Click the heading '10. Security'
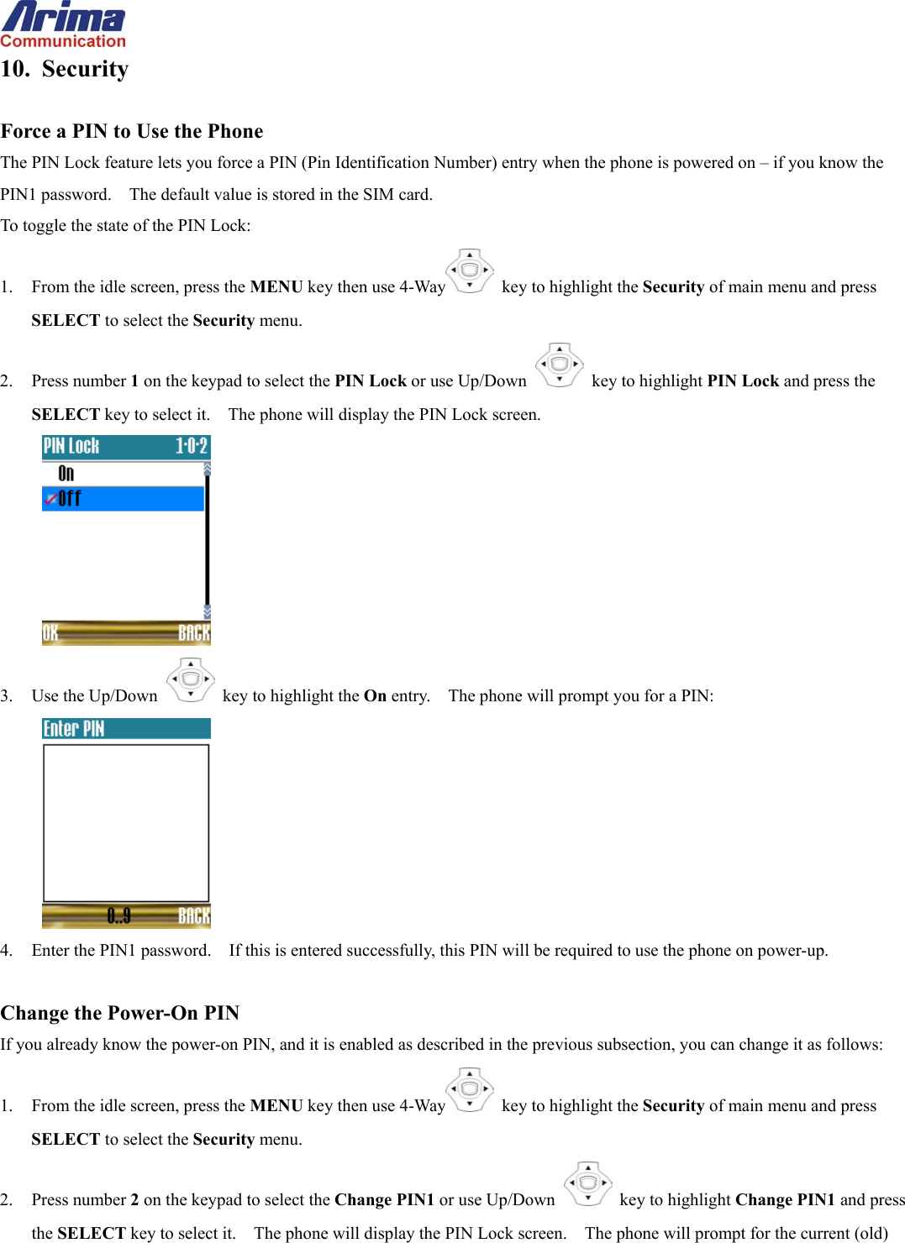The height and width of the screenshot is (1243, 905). pyautogui.click(x=65, y=69)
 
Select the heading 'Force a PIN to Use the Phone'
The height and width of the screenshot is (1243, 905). pyautogui.click(x=132, y=131)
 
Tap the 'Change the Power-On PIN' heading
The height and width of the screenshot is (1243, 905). pyautogui.click(x=120, y=1013)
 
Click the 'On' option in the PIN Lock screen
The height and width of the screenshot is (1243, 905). pyautogui.click(x=66, y=474)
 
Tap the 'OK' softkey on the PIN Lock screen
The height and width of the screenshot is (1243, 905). pyautogui.click(x=50, y=633)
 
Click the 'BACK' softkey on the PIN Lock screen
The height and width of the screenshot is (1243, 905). pyautogui.click(x=194, y=633)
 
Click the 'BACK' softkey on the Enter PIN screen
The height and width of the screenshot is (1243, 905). pyautogui.click(x=194, y=916)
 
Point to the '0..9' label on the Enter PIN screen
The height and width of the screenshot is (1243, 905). pyautogui.click(x=119, y=916)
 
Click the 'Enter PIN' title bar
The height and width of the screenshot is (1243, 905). pyautogui.click(x=126, y=729)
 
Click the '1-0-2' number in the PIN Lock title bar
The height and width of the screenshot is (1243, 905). pyautogui.click(x=191, y=446)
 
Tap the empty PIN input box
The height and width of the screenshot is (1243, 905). pyautogui.click(x=126, y=823)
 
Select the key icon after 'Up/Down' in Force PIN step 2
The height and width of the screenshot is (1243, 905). pyautogui.click(x=560, y=365)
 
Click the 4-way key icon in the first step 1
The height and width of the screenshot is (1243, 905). pyautogui.click(x=470, y=271)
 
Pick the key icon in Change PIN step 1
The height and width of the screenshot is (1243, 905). pyautogui.click(x=470, y=1090)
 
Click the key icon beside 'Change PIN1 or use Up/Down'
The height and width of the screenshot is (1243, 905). pyautogui.click(x=588, y=1184)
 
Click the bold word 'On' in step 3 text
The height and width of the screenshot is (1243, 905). pyautogui.click(x=375, y=696)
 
